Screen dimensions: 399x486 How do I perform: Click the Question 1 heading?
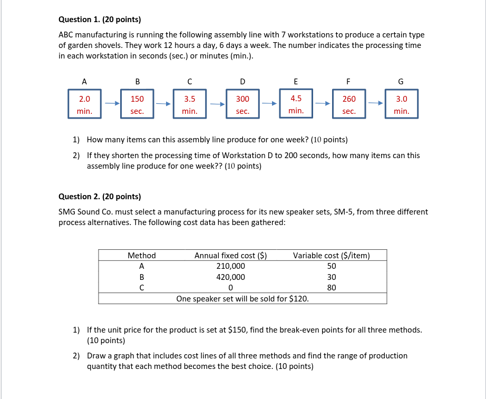(x=100, y=20)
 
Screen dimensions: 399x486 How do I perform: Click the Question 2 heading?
(x=100, y=197)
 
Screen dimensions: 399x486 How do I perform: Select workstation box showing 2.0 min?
(x=84, y=104)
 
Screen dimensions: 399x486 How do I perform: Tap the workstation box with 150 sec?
(x=137, y=104)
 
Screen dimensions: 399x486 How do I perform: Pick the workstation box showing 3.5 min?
(x=190, y=104)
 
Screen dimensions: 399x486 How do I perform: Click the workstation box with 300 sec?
(x=242, y=104)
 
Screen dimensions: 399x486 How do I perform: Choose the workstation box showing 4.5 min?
(x=296, y=104)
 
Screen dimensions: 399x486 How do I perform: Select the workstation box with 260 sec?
(x=348, y=104)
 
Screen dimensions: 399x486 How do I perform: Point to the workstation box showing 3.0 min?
(x=401, y=104)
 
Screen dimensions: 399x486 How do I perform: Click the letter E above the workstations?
(x=295, y=81)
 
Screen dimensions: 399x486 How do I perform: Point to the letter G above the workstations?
(x=401, y=81)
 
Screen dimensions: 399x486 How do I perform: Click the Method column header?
(x=142, y=256)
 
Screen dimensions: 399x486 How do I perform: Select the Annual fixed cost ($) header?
(x=230, y=256)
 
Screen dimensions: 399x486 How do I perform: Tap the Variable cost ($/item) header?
(x=331, y=256)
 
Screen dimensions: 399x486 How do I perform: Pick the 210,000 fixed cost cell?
(x=230, y=266)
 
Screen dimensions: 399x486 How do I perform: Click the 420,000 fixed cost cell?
(x=230, y=277)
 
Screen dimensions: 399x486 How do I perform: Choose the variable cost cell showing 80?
(x=331, y=288)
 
